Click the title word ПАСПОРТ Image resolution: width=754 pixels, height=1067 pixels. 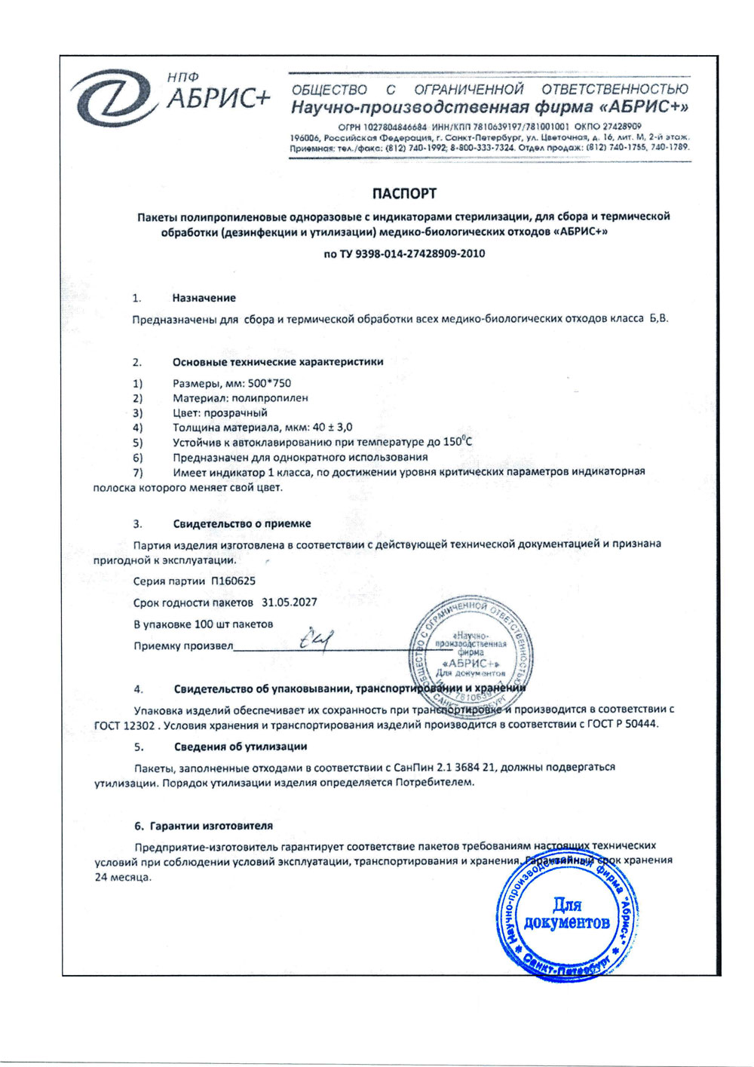point(404,194)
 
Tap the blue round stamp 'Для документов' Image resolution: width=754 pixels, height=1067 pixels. point(566,913)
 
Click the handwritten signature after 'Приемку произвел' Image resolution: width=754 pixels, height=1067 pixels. point(316,640)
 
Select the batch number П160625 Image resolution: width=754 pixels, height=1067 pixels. point(233,581)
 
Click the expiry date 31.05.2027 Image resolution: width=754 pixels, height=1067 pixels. point(289,602)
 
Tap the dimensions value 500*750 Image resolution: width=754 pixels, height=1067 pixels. point(269,383)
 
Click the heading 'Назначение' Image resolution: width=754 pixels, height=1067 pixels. point(204,298)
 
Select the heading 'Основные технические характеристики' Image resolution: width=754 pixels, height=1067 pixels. point(277,362)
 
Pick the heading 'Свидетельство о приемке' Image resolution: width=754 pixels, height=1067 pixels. point(241,523)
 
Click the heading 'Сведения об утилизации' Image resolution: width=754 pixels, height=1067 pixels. point(240,747)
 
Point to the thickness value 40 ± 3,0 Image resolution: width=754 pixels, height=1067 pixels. point(333,427)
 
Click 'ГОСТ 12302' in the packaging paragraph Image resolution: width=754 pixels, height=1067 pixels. point(124,725)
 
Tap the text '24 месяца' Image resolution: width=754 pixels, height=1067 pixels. point(123,878)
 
